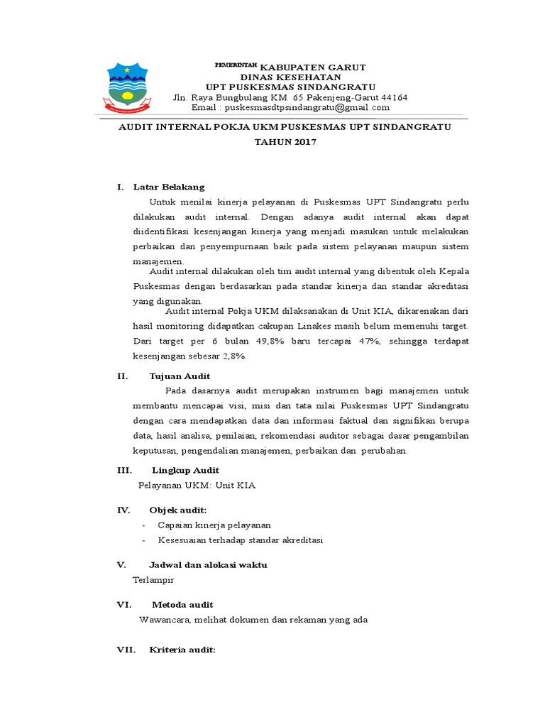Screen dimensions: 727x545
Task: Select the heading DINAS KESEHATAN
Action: pos(290,77)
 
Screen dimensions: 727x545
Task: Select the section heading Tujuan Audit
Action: pos(180,376)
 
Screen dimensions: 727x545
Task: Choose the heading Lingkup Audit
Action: pos(186,470)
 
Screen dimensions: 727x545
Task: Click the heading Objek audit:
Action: pos(177,510)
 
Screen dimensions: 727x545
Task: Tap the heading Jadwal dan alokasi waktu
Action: pos(208,564)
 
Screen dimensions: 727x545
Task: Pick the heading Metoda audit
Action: pos(182,604)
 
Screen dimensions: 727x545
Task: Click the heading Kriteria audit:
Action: pos(182,650)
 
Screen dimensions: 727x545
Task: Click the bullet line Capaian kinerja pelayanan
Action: pos(214,525)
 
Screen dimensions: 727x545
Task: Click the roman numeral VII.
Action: pos(125,650)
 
